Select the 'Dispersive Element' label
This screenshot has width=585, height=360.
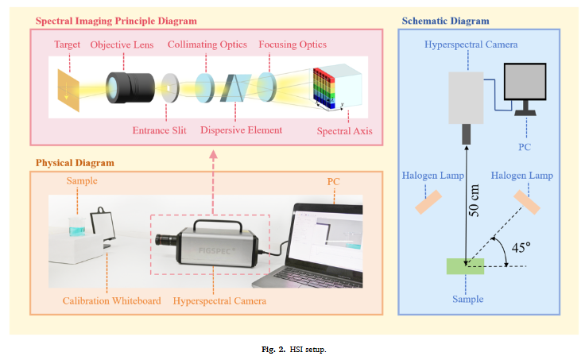point(240,130)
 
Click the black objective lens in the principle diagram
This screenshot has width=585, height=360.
point(129,85)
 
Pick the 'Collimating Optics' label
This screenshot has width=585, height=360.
point(207,45)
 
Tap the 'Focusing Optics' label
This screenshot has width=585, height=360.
point(292,45)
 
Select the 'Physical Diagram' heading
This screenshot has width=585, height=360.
point(75,163)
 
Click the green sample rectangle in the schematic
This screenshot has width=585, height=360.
point(465,266)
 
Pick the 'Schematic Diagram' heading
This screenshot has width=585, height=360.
point(446,20)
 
